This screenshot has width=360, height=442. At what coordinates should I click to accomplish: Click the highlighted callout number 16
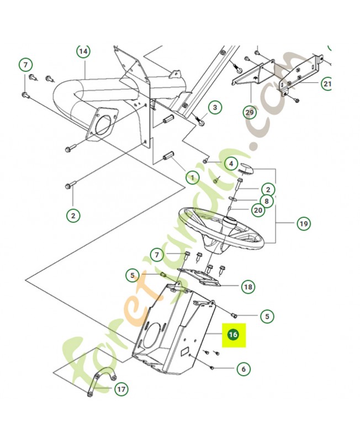[232, 335]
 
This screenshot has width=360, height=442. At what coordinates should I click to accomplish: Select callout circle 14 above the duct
[83, 51]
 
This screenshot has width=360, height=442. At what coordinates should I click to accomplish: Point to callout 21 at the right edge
[327, 84]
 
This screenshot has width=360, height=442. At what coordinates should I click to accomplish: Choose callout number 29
[250, 112]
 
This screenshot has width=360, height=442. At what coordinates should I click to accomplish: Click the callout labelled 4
[231, 164]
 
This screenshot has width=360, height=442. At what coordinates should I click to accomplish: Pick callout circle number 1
[193, 178]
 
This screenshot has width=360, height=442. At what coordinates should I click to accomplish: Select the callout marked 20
[258, 211]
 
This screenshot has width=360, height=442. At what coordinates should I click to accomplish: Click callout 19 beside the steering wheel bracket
[303, 224]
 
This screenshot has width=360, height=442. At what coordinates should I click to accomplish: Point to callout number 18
[248, 286]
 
